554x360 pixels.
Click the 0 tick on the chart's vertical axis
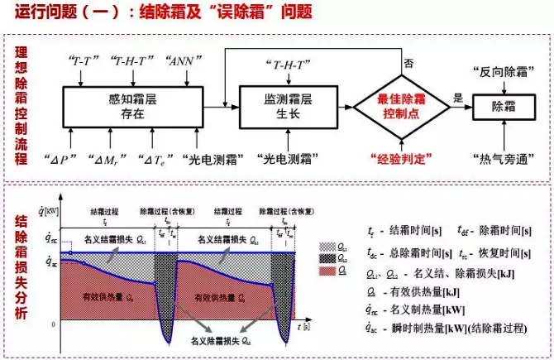[x=54, y=324]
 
